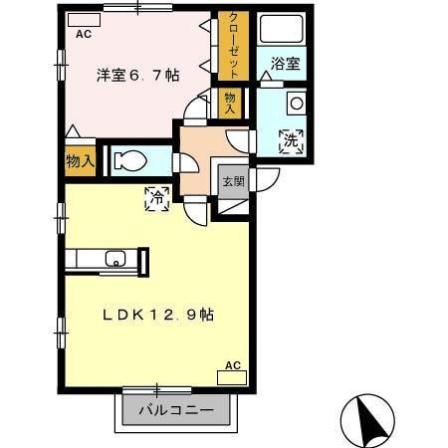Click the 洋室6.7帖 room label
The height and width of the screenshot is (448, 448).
tap(137, 74)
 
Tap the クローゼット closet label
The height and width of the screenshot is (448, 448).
tap(232, 46)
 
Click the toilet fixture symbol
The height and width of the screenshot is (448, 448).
tap(130, 160)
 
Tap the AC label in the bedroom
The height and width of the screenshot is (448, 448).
tap(82, 31)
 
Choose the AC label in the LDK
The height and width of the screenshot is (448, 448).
tap(233, 366)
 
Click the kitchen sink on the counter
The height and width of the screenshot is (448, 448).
tap(114, 261)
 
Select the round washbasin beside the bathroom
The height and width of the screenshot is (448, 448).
tap(296, 103)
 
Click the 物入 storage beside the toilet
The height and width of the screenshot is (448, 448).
tap(80, 159)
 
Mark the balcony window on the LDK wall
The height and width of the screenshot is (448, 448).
tap(157, 386)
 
